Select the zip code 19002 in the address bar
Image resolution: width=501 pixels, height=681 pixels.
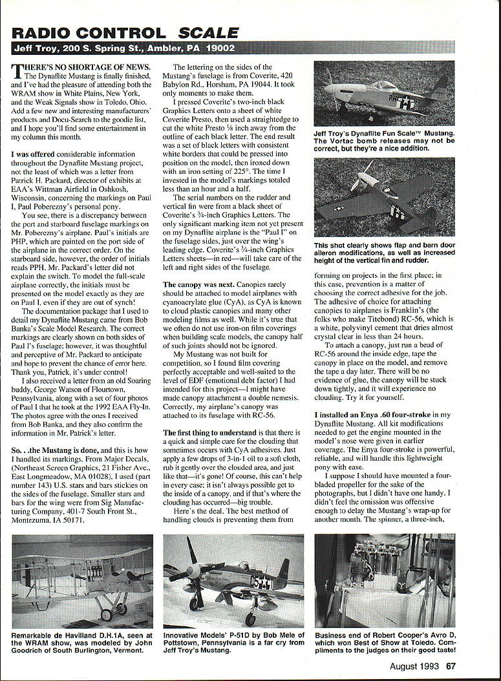coord(217,48)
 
